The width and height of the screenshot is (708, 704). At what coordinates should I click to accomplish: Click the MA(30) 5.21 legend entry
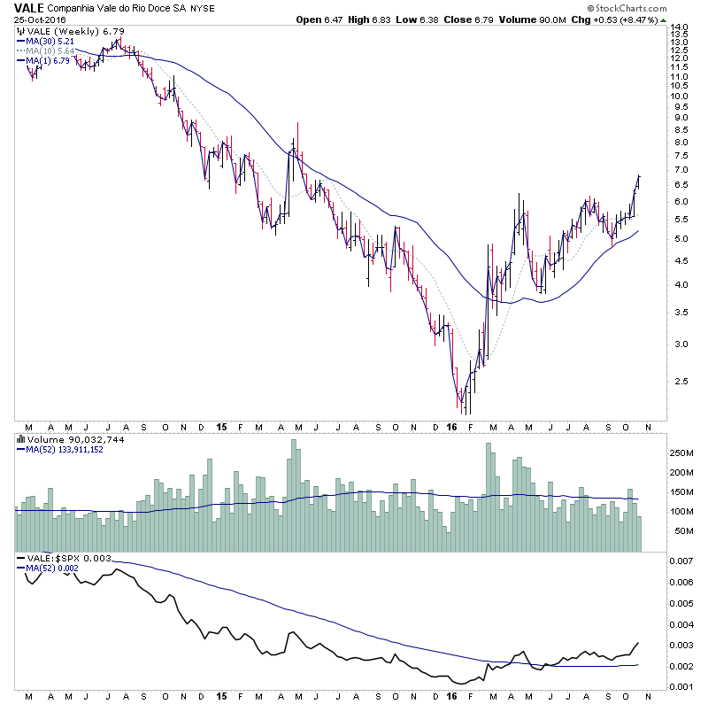[x=46, y=41]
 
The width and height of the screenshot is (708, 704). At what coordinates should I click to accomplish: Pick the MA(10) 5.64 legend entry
[x=46, y=50]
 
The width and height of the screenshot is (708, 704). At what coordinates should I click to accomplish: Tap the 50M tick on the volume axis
[x=681, y=531]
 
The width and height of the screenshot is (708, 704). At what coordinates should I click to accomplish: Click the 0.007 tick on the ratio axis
[x=681, y=562]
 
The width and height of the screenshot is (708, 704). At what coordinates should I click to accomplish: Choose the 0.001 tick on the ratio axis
[x=681, y=689]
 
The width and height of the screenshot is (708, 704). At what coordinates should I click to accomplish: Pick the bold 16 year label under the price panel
[x=451, y=427]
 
